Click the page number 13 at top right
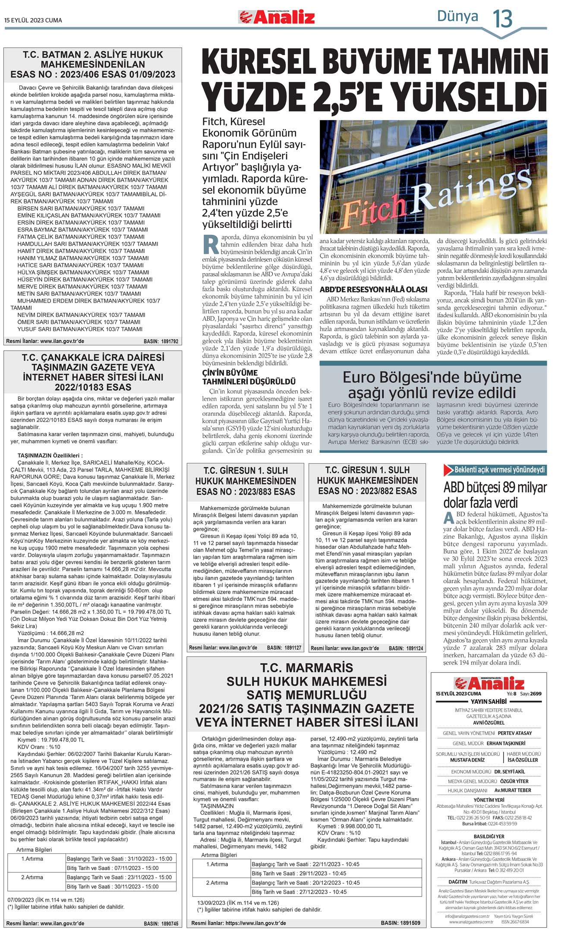(503, 19)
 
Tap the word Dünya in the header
(457, 16)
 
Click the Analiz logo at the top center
(277, 17)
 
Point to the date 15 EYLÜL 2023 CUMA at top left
(33, 20)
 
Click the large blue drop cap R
(211, 244)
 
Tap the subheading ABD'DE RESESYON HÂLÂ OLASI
(373, 290)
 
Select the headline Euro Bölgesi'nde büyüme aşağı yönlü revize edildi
(432, 385)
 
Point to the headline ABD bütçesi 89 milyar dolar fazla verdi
(495, 495)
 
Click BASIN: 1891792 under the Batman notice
(161, 341)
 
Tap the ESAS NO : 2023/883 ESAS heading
(246, 491)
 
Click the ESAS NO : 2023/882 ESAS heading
(367, 491)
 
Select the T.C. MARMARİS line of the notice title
(306, 668)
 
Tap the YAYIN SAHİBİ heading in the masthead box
(488, 701)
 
